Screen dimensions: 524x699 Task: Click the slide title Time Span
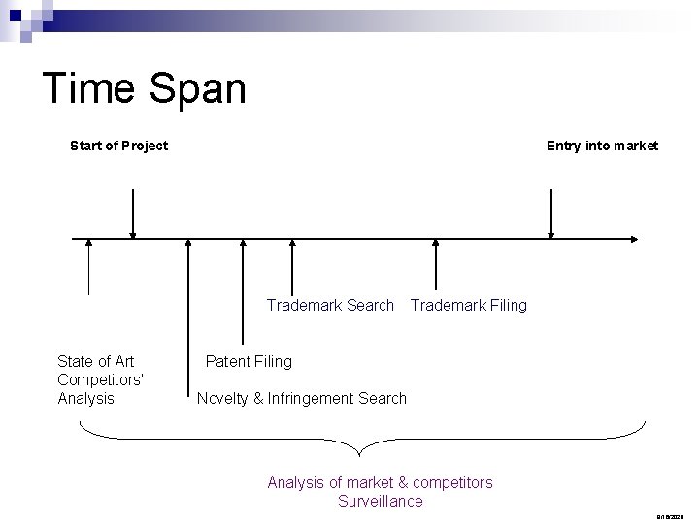coord(145,89)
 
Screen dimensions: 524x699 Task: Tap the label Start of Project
coord(118,146)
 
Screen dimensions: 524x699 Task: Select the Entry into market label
coord(602,146)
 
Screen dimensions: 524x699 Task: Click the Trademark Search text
coord(330,306)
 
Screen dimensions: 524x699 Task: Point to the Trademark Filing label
coord(468,306)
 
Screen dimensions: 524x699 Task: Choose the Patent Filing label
coord(248,362)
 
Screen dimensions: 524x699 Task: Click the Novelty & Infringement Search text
coord(301,399)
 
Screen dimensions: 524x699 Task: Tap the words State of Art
coord(96,362)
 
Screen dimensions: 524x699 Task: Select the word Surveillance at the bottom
coord(380,502)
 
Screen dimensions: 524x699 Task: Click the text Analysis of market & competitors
coord(380,482)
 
